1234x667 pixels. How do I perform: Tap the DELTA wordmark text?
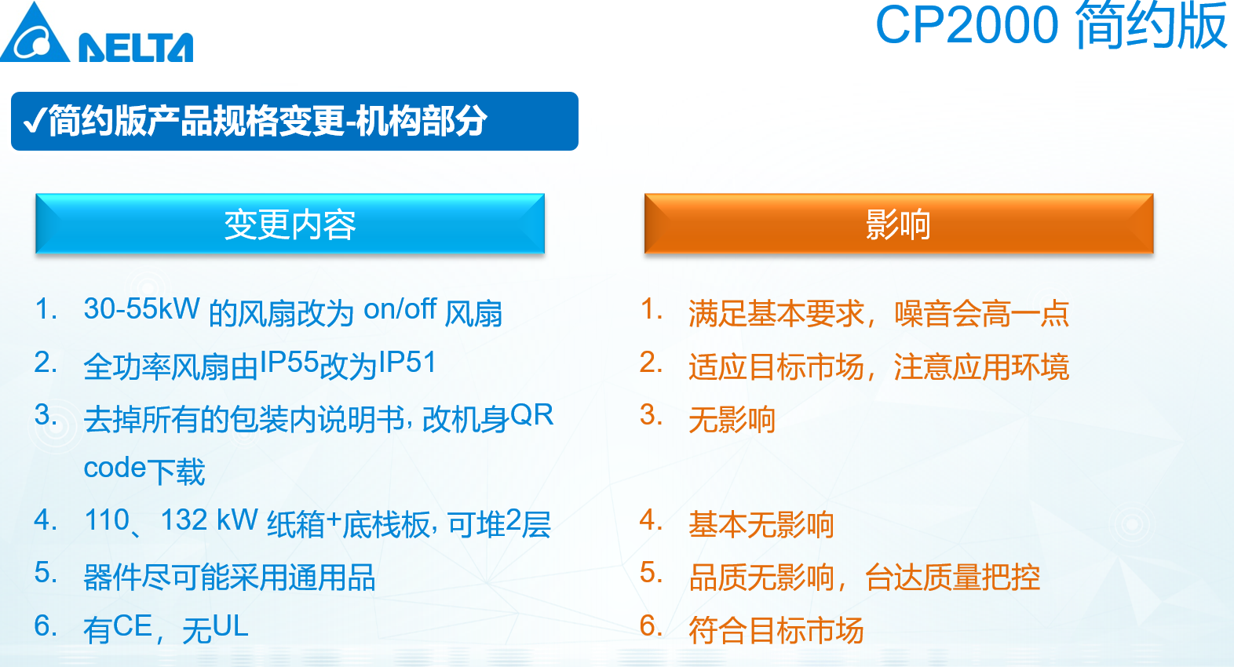point(136,47)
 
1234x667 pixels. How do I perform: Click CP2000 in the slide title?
point(967,26)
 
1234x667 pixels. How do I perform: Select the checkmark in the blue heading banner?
point(35,119)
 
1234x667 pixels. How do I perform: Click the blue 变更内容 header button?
point(290,224)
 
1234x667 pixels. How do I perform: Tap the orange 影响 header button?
point(899,224)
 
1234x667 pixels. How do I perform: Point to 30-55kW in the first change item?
point(141,308)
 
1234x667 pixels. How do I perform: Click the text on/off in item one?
point(400,309)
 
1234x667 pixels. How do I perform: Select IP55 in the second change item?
point(290,363)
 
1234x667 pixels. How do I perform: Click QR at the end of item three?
point(532,415)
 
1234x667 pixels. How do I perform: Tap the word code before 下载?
point(115,468)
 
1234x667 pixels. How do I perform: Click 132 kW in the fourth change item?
point(210,520)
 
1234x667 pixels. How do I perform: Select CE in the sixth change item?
point(132,626)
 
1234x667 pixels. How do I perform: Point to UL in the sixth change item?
point(230,626)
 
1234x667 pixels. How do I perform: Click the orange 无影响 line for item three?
point(732,419)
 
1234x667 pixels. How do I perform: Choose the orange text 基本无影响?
point(761,524)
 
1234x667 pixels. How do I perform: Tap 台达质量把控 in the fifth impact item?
point(952,578)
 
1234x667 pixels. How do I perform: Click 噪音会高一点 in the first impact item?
point(982,313)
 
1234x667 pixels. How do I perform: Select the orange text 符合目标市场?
point(776,630)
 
